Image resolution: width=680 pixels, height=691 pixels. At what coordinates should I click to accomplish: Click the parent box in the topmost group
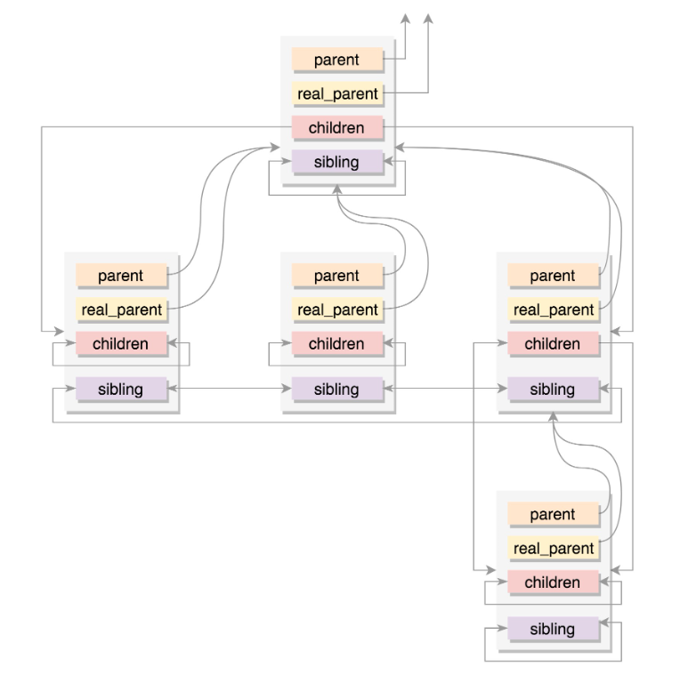(336, 60)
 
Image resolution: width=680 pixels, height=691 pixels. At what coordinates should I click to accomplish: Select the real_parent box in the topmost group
(336, 93)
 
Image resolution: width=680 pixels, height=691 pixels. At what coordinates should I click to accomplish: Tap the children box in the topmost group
(336, 128)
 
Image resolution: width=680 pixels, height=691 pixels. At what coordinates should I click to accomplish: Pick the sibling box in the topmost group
(336, 162)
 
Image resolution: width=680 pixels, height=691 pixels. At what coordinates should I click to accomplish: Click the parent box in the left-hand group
(121, 276)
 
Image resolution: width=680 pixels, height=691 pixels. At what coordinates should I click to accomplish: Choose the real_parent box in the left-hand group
(121, 309)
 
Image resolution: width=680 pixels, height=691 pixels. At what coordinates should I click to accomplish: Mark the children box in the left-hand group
(121, 343)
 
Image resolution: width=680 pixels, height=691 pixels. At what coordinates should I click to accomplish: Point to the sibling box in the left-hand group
(121, 389)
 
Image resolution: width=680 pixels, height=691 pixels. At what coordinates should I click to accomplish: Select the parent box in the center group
(336, 276)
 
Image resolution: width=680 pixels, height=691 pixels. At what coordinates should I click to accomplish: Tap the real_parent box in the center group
(336, 309)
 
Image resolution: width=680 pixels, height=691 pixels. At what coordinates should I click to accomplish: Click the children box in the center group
(336, 343)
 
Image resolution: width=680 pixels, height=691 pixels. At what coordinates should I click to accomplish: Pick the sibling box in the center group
(336, 389)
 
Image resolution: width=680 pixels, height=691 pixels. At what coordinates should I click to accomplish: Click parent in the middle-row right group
(553, 276)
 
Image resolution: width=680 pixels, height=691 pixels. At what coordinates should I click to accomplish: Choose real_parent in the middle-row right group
(553, 309)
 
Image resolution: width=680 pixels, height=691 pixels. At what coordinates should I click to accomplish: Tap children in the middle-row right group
(553, 343)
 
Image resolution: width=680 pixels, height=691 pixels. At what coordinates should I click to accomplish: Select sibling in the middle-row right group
(553, 389)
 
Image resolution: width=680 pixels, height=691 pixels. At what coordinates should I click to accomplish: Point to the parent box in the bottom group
(553, 515)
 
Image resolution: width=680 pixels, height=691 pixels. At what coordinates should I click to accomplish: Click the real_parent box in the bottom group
(553, 549)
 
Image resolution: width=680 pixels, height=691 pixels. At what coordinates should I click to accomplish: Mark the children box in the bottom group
(553, 583)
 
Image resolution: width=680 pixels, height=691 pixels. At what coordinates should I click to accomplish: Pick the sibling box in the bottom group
(553, 628)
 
